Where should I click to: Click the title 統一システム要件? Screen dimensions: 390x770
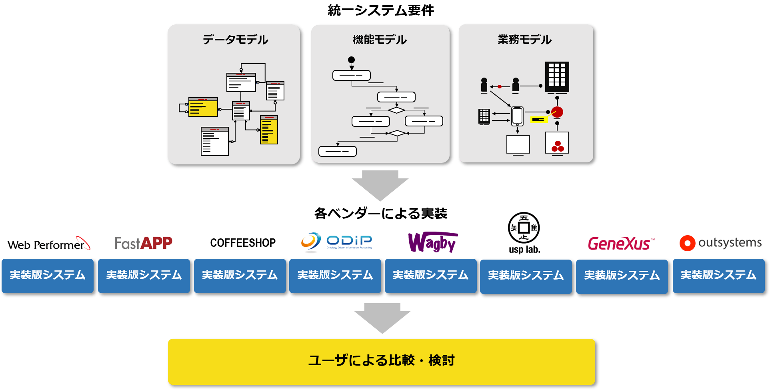coord(380,10)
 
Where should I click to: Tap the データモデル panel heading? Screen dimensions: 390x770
coord(235,40)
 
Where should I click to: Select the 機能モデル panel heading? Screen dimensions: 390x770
coord(380,40)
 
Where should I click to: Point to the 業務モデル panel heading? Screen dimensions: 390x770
coord(524,40)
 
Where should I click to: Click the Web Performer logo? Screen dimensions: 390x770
coord(48,244)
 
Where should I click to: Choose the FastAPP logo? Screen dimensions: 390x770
coord(144,243)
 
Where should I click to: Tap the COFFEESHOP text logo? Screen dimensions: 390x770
coord(243,243)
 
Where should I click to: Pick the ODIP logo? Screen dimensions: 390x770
coord(336,242)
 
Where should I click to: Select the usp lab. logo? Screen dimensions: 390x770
coord(524,233)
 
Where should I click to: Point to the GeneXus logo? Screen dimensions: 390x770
coord(621,243)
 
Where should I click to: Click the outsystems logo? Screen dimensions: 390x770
coord(720,243)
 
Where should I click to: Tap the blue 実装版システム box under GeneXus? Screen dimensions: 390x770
coord(622,276)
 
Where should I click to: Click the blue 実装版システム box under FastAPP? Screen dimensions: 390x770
coord(144,276)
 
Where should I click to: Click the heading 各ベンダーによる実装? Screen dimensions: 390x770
coord(380,214)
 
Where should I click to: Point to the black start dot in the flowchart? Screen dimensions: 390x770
coord(351,60)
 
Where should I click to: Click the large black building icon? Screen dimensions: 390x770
coord(557,77)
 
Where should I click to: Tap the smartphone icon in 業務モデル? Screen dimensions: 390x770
coord(517,116)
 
